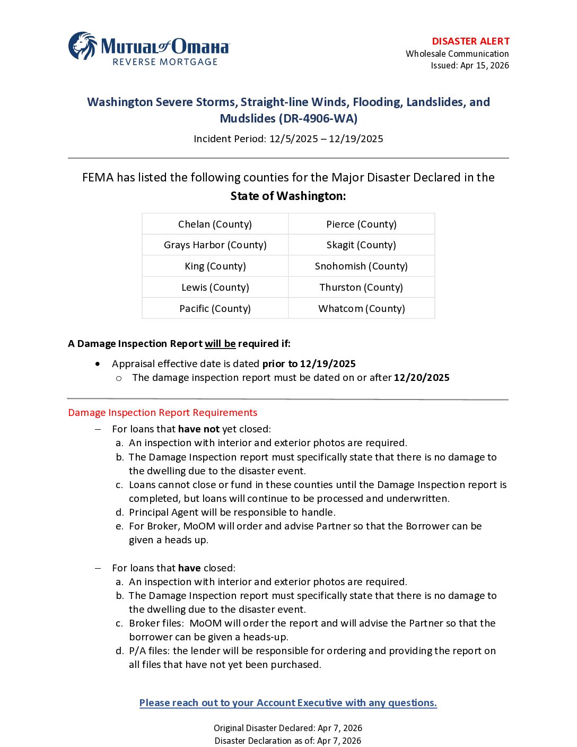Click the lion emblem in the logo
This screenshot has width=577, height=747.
point(83,46)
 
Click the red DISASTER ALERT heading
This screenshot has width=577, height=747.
point(470,41)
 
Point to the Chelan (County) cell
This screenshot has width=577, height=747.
point(215,224)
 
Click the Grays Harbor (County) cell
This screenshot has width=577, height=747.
point(215,245)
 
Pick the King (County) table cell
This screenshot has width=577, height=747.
point(215,266)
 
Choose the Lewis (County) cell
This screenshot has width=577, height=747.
point(215,288)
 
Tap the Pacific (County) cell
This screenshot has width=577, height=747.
point(215,309)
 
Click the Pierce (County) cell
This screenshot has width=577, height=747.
point(361,224)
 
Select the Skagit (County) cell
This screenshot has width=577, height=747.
point(361,245)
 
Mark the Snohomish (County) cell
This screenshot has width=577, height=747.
point(361,266)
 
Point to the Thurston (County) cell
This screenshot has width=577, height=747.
point(361,288)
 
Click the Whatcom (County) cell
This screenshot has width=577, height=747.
point(361,309)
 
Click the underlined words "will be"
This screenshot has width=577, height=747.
point(220,344)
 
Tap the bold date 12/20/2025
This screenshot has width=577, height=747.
point(422,378)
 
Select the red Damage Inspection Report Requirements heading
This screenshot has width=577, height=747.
point(162,413)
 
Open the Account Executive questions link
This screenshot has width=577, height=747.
point(288,703)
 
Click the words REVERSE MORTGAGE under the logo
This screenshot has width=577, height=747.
point(165,62)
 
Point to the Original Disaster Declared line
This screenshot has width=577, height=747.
point(288,728)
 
